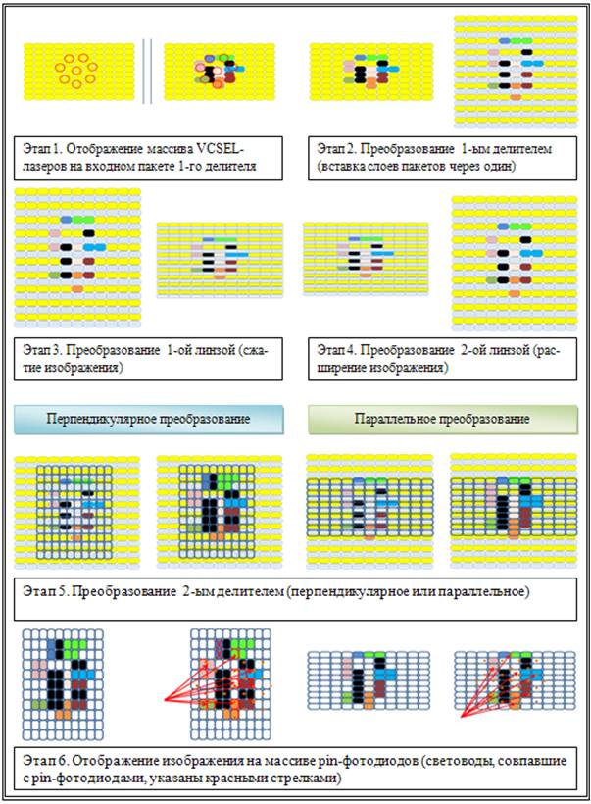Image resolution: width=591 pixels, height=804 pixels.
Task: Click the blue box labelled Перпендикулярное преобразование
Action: tap(148, 420)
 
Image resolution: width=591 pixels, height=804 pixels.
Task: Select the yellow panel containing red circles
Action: tap(76, 70)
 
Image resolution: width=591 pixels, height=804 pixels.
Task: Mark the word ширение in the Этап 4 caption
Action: tap(343, 367)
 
